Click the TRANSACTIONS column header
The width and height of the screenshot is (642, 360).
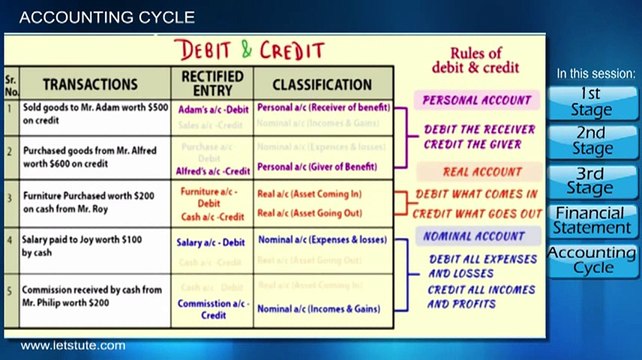coord(90,84)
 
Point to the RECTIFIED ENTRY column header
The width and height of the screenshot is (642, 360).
coord(212,84)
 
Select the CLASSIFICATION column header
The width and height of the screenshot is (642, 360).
coord(322,84)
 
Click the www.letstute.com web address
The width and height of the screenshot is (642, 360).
coord(73,346)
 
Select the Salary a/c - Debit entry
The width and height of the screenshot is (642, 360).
coord(212,242)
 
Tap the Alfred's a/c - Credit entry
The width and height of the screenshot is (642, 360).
coord(212,171)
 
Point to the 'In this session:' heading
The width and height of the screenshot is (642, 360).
coord(595,74)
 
